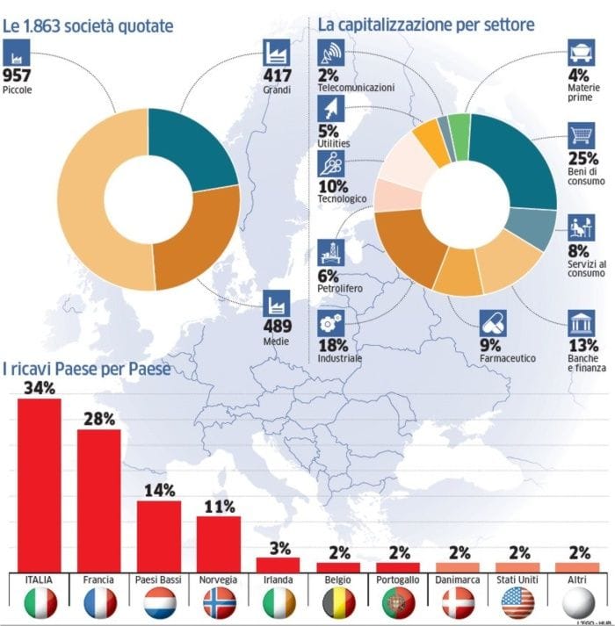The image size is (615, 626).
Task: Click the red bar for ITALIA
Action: (40, 484)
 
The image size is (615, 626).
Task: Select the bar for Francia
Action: (99, 499)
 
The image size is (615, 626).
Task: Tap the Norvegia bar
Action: (218, 543)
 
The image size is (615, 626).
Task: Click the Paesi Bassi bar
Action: (159, 535)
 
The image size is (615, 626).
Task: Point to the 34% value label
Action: (40, 387)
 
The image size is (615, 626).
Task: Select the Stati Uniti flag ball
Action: (517, 602)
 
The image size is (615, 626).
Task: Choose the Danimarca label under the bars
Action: (457, 581)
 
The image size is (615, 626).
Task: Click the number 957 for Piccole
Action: (19, 74)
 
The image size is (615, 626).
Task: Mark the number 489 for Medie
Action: (278, 328)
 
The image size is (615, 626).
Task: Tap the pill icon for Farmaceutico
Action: (492, 323)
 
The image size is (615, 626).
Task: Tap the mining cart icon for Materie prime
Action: (581, 52)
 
